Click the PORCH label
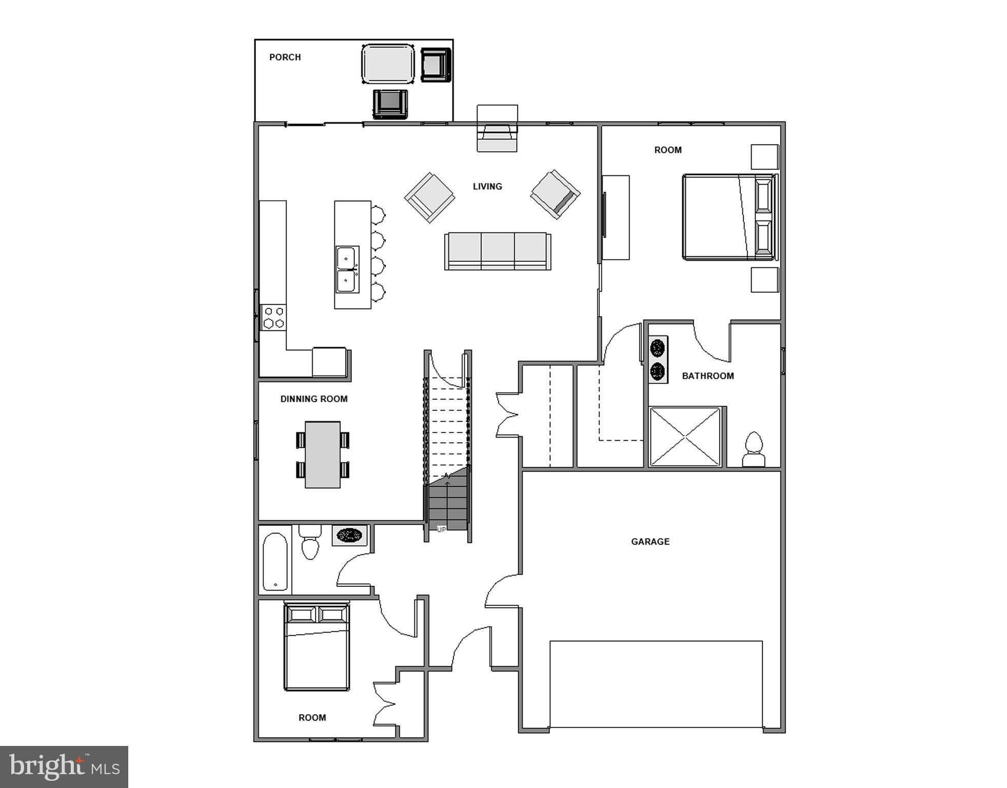(285, 57)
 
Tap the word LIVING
(487, 186)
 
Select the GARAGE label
(650, 541)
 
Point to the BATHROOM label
(707, 376)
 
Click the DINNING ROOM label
(313, 399)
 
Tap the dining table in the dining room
(323, 455)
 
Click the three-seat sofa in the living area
(498, 251)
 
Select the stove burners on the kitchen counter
(273, 318)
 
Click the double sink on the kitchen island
(347, 269)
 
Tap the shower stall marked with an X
(685, 437)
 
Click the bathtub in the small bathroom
(275, 561)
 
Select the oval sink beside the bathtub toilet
(350, 536)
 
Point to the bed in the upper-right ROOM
(729, 217)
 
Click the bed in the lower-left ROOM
(317, 647)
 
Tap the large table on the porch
(388, 64)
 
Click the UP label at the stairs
(441, 529)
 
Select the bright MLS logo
(64, 767)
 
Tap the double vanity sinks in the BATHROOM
(658, 359)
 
